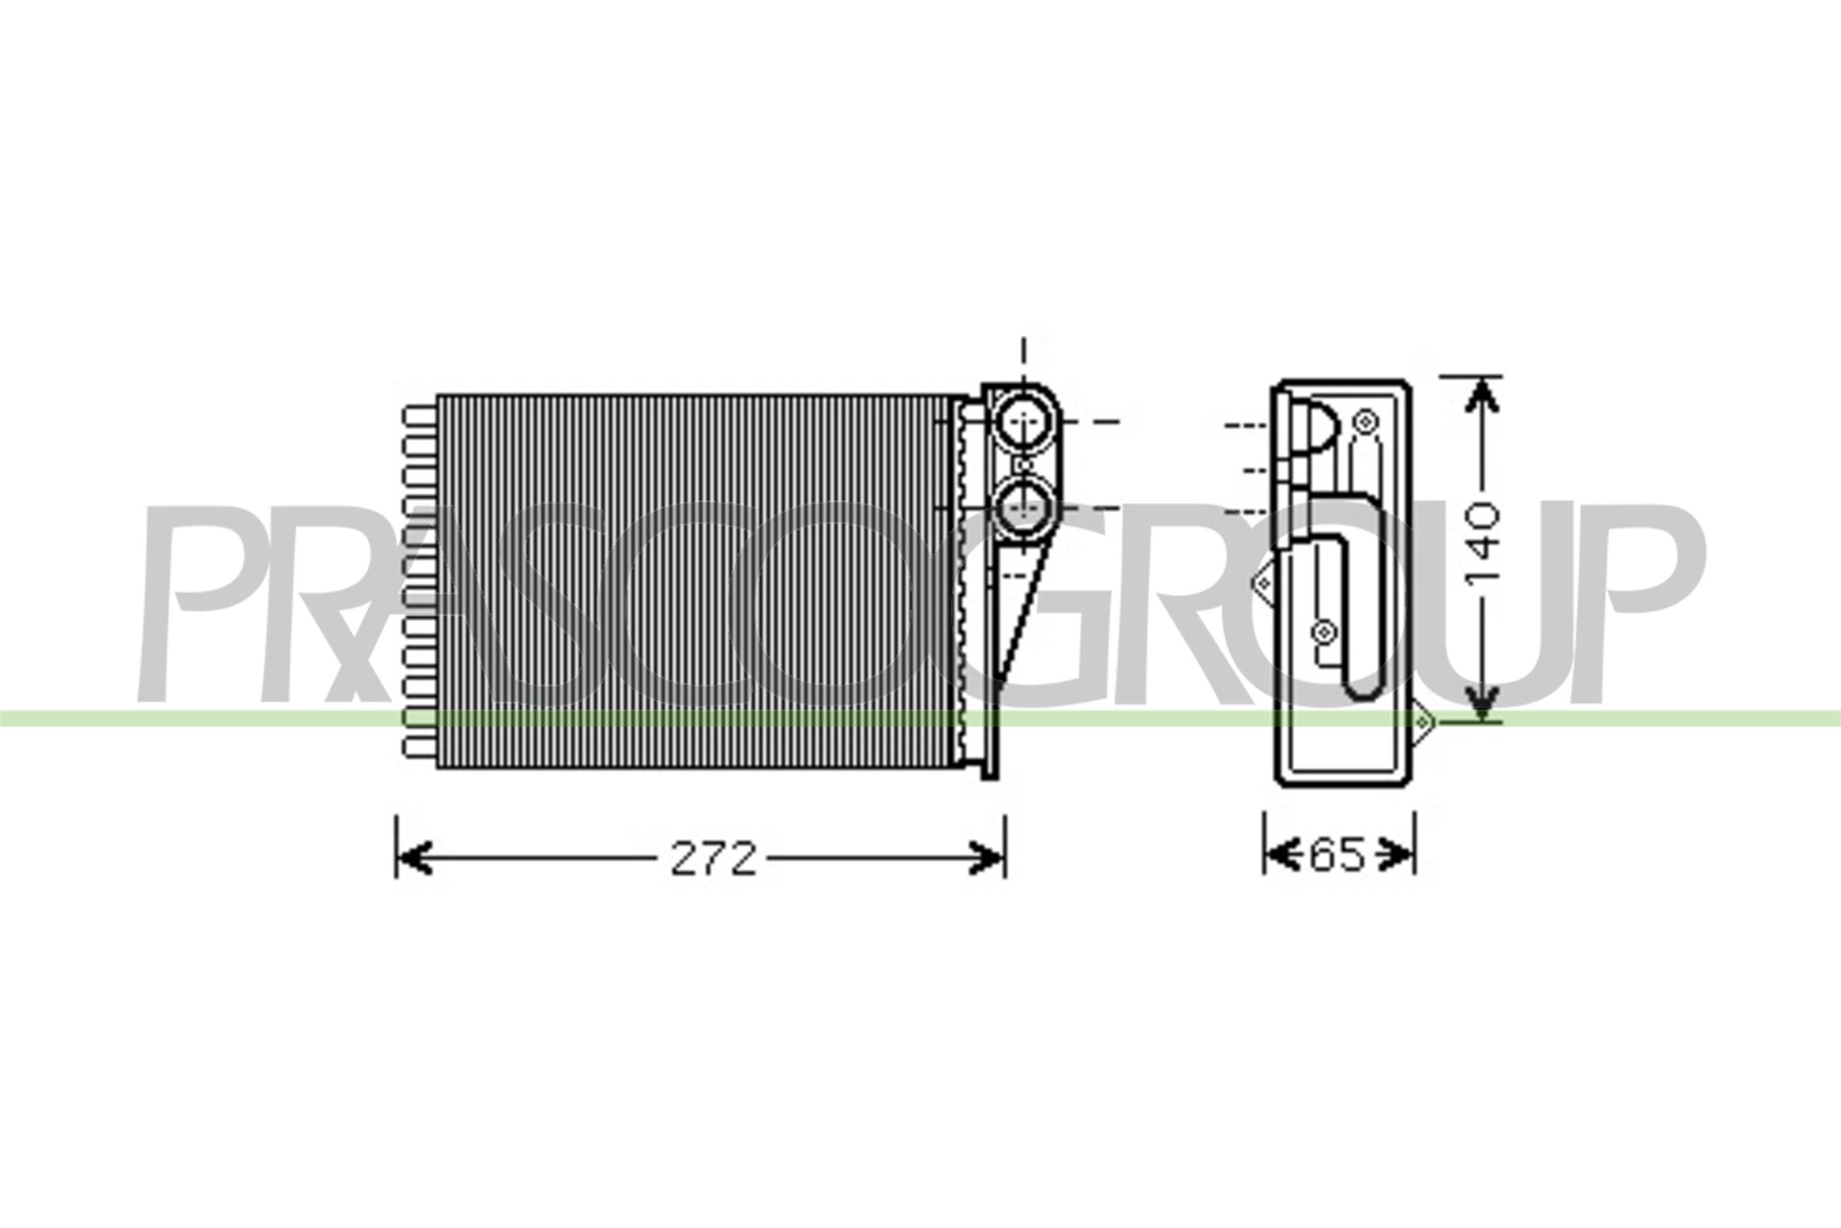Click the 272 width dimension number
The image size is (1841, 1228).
(714, 859)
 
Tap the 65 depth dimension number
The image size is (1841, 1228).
(1337, 854)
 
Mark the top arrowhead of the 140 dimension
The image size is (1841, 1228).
(1480, 396)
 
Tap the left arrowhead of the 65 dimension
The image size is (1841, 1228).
(1278, 853)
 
